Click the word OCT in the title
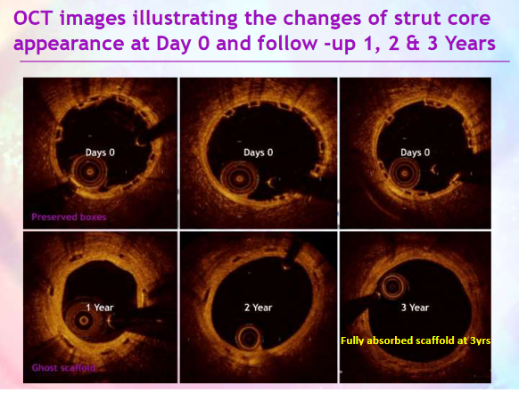pos(33,18)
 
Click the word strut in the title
pos(417,18)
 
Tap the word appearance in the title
pos(69,44)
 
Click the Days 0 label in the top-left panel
pos(100,152)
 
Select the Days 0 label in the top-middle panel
pos(259,152)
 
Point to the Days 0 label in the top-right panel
pos(415,152)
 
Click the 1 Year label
pos(100,308)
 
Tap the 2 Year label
pos(259,308)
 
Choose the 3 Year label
pos(415,308)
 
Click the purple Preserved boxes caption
pos(69,217)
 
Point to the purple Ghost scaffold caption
pos(63,368)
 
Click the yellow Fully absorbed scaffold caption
pos(416,341)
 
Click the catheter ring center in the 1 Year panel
pos(83,320)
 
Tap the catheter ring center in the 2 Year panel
pos(249,338)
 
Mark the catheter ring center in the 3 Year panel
pos(394,287)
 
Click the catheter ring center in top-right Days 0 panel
pos(404,173)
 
